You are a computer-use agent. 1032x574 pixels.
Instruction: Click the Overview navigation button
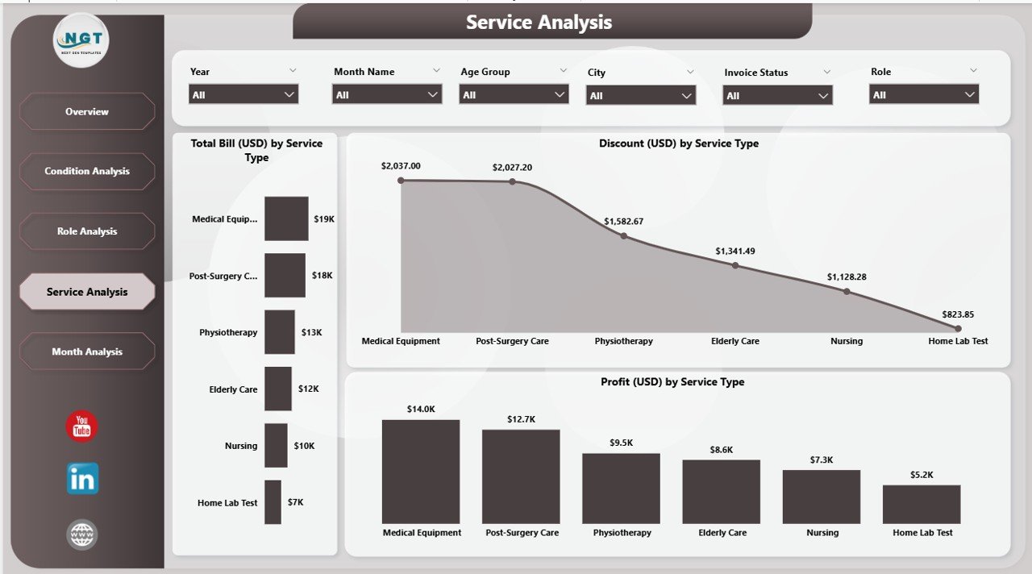87,111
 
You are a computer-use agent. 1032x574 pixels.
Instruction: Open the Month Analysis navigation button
87,351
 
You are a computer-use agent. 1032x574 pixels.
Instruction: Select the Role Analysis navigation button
87,231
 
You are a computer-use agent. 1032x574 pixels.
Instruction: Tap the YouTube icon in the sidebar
81,426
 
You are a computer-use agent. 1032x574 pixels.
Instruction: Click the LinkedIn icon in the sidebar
82,479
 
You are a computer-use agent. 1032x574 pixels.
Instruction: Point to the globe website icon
82,534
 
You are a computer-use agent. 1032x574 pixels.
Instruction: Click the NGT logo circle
81,40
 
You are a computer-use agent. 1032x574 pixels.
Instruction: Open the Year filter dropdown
243,94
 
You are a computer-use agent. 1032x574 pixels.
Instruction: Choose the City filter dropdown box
641,96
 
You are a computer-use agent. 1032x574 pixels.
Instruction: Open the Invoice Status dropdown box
778,96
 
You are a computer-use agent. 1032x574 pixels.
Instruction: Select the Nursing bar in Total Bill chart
276,446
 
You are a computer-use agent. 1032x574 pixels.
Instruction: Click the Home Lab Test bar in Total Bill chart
273,502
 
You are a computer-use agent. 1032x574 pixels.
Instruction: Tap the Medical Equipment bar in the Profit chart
421,472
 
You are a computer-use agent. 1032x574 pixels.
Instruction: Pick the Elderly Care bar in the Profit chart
721,492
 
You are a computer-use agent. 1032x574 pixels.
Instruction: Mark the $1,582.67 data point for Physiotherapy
623,236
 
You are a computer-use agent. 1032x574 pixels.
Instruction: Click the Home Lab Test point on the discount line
958,329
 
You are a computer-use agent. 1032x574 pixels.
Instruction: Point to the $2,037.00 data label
402,166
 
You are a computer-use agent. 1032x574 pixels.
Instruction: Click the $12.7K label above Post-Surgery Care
521,419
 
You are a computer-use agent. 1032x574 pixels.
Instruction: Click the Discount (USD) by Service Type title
678,143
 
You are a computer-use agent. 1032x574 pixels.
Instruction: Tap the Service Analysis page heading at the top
539,23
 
